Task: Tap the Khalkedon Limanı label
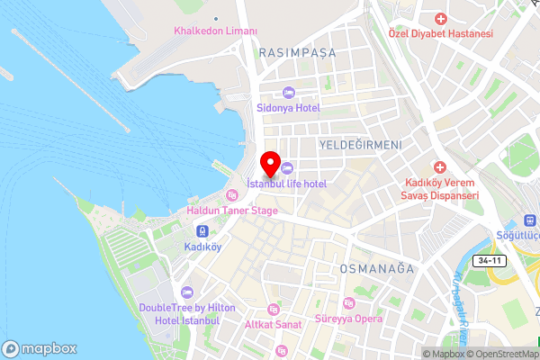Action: coord(215,31)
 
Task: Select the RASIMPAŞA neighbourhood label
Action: coord(297,53)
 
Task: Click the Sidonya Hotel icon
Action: coord(288,92)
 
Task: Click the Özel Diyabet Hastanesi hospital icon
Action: coord(440,19)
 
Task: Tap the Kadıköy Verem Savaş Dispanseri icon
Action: coord(440,167)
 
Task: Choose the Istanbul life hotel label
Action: coord(287,184)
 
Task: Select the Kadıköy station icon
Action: coord(202,229)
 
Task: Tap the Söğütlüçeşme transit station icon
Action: coord(529,220)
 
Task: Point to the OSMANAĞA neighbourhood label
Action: coord(375,268)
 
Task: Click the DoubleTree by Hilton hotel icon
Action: coord(187,292)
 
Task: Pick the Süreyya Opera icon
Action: coord(349,303)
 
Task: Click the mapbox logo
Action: coord(39,348)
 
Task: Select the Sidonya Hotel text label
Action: coord(288,108)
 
